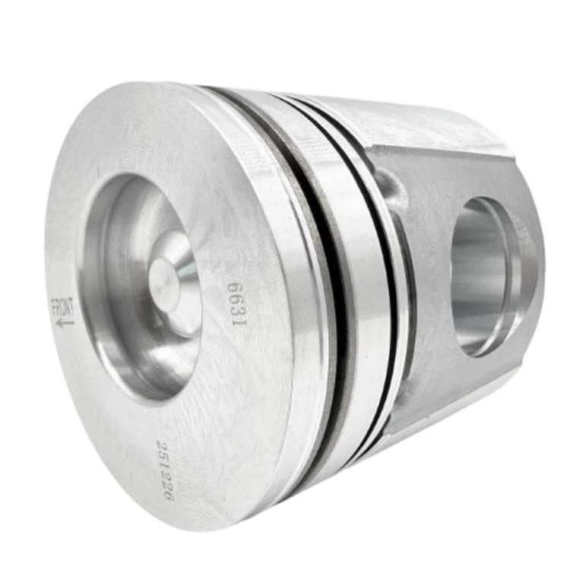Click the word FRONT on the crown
pos(63,309)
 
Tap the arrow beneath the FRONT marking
pos(65,322)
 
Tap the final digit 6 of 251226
pos(169,495)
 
